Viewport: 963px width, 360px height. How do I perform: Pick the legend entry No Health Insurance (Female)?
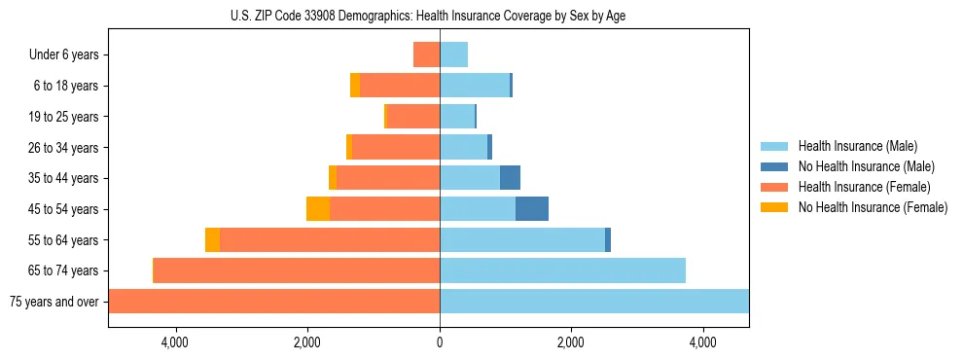873,207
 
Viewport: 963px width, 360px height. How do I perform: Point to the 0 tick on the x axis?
440,342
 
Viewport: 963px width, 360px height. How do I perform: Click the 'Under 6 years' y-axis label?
63,55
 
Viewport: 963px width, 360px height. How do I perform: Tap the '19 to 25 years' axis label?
63,117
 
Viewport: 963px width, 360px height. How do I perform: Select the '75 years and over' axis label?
53,302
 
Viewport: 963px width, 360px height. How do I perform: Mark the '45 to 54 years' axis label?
63,209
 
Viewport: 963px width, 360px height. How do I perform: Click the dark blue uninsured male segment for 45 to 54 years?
532,209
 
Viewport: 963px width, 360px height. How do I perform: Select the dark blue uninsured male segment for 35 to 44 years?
510,178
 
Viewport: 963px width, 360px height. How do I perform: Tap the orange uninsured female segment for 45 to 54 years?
318,209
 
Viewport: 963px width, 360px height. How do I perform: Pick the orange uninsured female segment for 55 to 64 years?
212,239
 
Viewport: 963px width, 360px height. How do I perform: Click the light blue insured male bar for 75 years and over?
593,302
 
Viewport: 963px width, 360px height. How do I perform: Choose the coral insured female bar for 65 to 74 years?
297,270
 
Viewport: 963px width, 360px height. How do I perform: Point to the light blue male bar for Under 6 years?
453,55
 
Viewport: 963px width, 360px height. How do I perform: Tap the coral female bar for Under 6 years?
426,55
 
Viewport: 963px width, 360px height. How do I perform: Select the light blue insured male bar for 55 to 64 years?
522,239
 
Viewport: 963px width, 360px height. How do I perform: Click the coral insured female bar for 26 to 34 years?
396,147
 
